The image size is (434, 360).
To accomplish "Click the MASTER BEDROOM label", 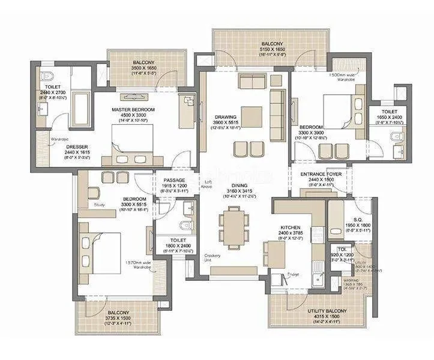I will [133, 110].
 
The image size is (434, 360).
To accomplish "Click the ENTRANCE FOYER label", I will [321, 174].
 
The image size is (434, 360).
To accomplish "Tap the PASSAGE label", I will [174, 180].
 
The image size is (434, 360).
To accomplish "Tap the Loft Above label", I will [208, 184].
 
